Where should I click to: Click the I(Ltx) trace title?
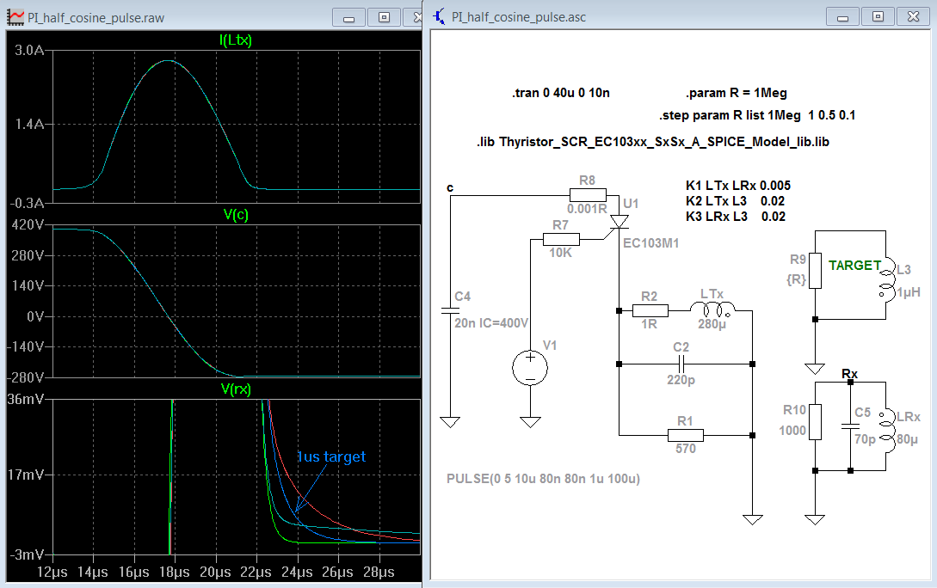[236, 40]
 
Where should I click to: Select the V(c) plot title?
[236, 214]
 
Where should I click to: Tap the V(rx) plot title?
[236, 389]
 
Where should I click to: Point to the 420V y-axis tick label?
[28, 224]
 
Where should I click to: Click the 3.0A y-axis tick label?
[29, 50]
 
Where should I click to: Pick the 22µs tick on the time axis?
[256, 572]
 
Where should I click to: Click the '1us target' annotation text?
[331, 456]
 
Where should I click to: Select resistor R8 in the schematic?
[588, 195]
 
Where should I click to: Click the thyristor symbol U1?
[619, 223]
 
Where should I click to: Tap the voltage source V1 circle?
[530, 366]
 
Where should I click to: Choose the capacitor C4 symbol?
[450, 310]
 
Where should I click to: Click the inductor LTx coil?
[712, 309]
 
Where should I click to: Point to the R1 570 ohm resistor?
[686, 435]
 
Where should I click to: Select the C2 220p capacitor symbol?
[681, 364]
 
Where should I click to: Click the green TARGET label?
[854, 266]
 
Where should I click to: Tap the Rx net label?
[849, 374]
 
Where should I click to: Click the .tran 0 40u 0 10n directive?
[560, 93]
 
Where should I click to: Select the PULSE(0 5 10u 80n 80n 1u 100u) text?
[543, 479]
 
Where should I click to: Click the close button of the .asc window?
[913, 16]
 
